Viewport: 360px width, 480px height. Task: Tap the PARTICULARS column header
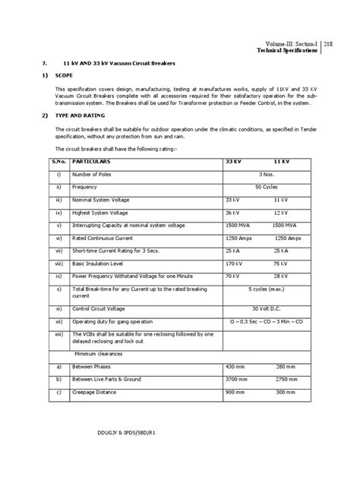(x=92, y=163)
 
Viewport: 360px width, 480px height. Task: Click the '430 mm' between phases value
(x=235, y=366)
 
